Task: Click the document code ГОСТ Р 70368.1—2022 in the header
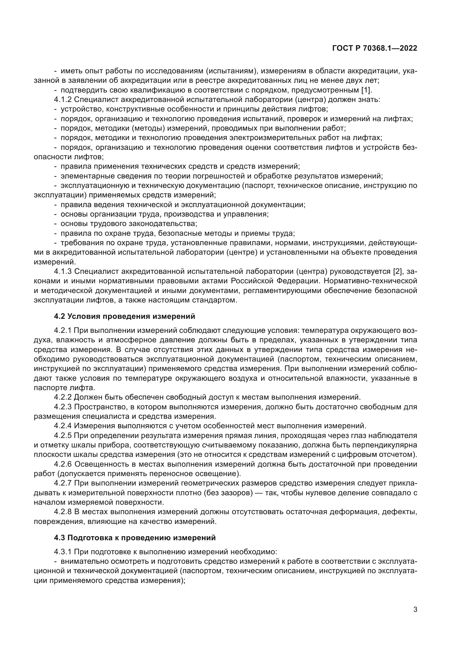pyautogui.click(x=375, y=48)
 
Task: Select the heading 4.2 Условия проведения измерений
pyautogui.click(x=124, y=316)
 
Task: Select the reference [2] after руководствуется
pyautogui.click(x=398, y=271)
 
